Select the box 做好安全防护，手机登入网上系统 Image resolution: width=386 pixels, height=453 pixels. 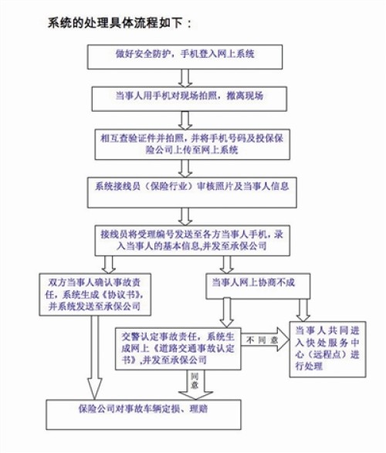pyautogui.click(x=185, y=57)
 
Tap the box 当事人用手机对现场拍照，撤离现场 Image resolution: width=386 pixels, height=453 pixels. pyautogui.click(x=189, y=99)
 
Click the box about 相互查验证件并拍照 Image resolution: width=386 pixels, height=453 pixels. pyautogui.click(x=192, y=144)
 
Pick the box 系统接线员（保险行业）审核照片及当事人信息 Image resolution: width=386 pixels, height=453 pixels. pyautogui.click(x=192, y=192)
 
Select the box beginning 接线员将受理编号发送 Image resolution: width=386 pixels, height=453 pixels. pyautogui.click(x=192, y=240)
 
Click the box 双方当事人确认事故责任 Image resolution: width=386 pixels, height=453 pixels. pyautogui.click(x=95, y=294)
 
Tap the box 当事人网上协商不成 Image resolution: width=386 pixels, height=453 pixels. pyautogui.click(x=258, y=286)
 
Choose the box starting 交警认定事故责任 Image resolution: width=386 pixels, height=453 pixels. pyautogui.click(x=178, y=349)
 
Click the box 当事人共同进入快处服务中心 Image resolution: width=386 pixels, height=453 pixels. pyautogui.click(x=328, y=350)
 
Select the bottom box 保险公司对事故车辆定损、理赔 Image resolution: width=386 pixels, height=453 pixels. pyautogui.click(x=144, y=414)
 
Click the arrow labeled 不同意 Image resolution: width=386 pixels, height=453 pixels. pyautogui.click(x=266, y=340)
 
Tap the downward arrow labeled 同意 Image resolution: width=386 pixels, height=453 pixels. pyautogui.click(x=195, y=385)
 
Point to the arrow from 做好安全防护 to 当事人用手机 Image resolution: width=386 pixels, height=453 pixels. pyautogui.click(x=185, y=78)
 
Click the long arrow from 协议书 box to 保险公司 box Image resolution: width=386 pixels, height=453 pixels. pyautogui.click(x=95, y=357)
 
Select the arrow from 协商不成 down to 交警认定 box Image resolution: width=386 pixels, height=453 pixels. pyautogui.click(x=227, y=313)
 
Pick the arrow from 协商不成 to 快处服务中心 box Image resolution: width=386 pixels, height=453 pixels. pyautogui.click(x=303, y=310)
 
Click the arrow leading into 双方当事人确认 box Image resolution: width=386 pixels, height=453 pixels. pyautogui.click(x=109, y=265)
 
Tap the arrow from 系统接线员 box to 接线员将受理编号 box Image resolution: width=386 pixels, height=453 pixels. pyautogui.click(x=185, y=216)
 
